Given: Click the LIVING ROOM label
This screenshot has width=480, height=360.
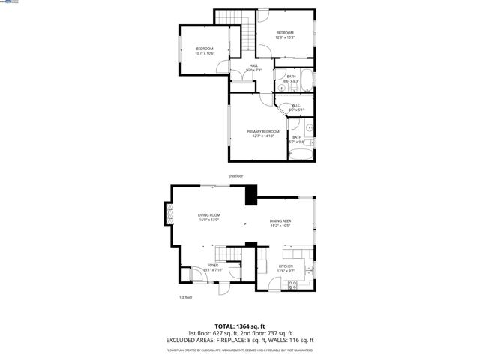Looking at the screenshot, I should (x=208, y=216).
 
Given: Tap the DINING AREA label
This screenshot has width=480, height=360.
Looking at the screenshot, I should (x=280, y=220).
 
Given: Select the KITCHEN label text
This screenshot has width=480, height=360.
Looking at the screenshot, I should (x=286, y=265).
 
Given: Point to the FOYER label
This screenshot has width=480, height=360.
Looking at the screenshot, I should (x=213, y=265).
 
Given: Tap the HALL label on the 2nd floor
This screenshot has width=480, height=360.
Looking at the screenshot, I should (x=253, y=66).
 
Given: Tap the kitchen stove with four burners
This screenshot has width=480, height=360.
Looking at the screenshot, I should (x=293, y=283).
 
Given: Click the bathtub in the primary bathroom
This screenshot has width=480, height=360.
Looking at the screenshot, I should (x=298, y=155).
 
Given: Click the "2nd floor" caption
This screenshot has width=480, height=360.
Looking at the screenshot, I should (x=235, y=176).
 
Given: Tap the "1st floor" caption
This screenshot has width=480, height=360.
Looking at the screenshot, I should (x=186, y=297).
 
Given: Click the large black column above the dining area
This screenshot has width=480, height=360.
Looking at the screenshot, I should (x=250, y=194).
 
